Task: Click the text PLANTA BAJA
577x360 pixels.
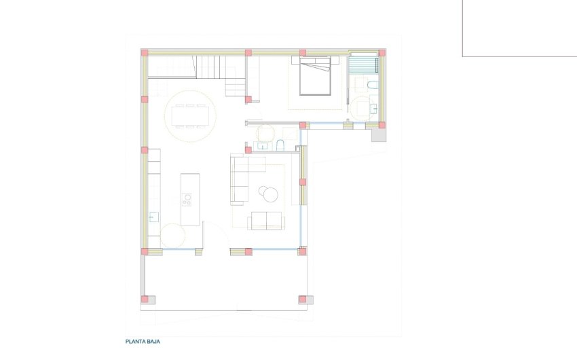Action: coord(142,342)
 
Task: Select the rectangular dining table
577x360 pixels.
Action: coord(190,117)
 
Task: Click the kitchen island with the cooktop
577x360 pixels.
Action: coord(190,199)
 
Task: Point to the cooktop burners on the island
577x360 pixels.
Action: coord(187,200)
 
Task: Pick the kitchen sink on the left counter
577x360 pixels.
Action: coord(153,217)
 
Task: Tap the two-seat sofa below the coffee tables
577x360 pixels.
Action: coord(265,220)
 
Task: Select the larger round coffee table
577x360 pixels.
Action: coord(271,195)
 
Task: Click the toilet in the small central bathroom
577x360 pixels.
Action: coord(280,145)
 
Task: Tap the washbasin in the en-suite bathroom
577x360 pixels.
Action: coord(374,109)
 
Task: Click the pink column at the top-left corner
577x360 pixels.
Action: coord(144,52)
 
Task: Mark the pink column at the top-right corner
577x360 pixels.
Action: coord(382,52)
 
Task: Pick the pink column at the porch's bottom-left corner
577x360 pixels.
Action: coord(144,299)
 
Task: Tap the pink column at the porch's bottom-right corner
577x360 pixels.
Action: coord(302,299)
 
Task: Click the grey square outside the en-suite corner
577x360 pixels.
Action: coord(378,135)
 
